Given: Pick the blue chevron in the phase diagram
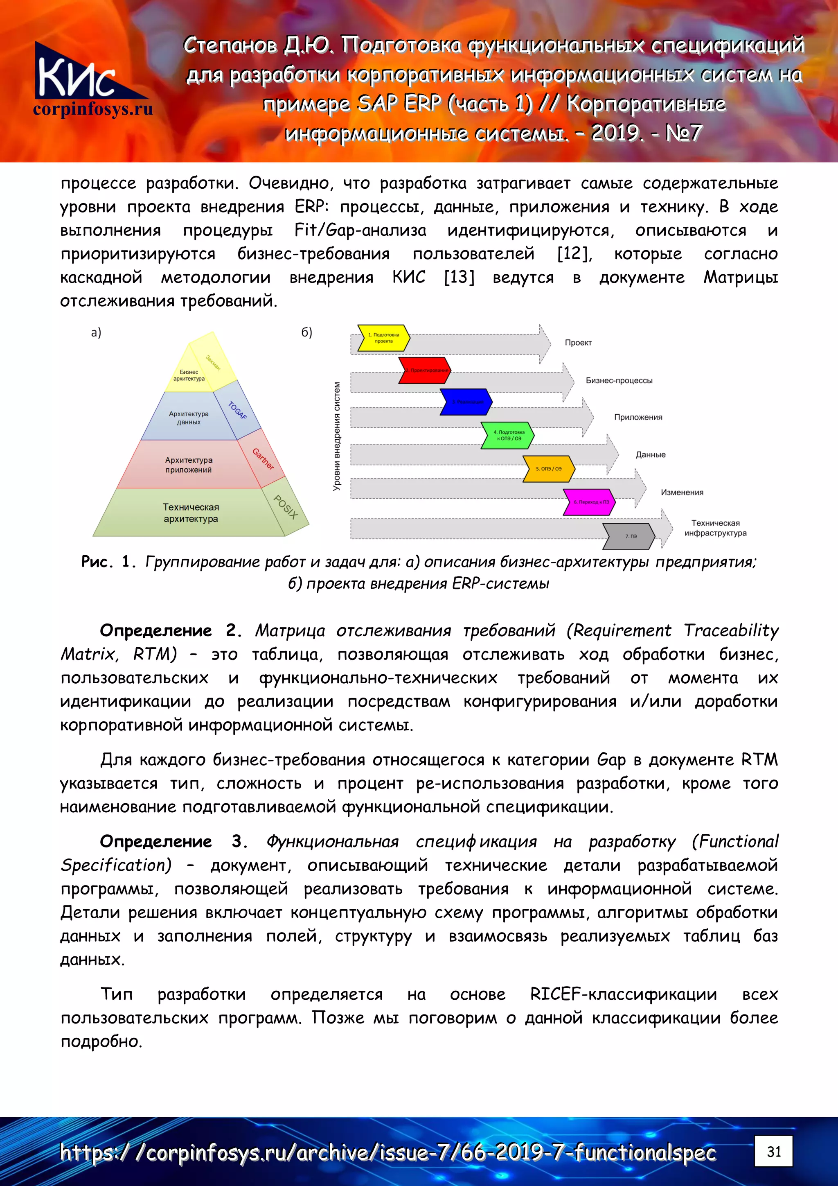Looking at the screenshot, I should pos(466,402).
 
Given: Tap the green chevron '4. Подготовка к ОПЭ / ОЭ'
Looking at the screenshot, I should pos(507,435).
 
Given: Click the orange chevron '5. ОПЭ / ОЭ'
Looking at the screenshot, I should pos(548,468).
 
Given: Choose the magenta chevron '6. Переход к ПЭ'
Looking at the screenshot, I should pos(589,502).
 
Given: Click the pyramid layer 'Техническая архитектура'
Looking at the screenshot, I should pos(191,513).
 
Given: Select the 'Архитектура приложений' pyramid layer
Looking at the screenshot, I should pos(189,464).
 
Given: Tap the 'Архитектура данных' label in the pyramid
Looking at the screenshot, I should pos(189,418).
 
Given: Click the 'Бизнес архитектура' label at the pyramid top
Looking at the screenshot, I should pos(189,375).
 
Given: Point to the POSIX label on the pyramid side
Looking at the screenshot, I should pos(286,507).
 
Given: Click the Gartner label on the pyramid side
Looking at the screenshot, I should pos(263,459).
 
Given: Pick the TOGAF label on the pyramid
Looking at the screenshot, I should pos(237,410).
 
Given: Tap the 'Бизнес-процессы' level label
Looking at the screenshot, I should pos(619,380).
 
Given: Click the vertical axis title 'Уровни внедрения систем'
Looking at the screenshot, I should pos(337,436).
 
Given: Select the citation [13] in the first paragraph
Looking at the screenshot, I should pos(459,278).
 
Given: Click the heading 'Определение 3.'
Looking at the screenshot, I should pos(173,841).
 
